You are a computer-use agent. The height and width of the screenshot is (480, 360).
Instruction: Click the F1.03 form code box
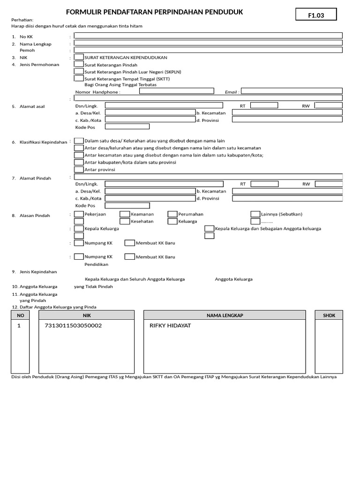(x=315, y=15)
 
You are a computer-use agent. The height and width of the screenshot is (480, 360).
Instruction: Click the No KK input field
(x=208, y=35)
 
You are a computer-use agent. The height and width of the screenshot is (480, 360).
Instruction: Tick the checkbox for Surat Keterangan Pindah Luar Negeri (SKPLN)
(x=79, y=72)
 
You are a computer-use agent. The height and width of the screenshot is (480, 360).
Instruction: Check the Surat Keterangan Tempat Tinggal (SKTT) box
(x=79, y=79)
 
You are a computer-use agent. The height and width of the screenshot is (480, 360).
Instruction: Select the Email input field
(x=292, y=92)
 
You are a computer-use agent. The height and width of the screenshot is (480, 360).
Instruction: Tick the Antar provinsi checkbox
(x=79, y=169)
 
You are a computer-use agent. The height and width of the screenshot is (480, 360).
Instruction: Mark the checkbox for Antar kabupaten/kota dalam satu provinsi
(x=79, y=162)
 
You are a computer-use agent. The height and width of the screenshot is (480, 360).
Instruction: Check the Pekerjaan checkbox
(x=79, y=214)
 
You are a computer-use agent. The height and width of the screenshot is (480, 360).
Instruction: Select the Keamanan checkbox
(x=125, y=214)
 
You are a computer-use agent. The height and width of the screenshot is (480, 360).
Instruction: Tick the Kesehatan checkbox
(x=125, y=221)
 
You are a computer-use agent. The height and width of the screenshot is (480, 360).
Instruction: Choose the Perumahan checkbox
(x=172, y=214)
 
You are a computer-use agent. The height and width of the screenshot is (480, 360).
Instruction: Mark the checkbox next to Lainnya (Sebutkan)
(x=255, y=214)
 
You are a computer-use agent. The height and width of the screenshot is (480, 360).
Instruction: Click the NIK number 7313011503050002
(x=73, y=325)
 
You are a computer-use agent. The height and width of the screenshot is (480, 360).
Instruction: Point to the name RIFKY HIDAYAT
(x=170, y=325)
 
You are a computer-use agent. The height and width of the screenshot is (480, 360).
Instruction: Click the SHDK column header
(x=329, y=315)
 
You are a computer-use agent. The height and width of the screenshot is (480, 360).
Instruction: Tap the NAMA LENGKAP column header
(x=225, y=315)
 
